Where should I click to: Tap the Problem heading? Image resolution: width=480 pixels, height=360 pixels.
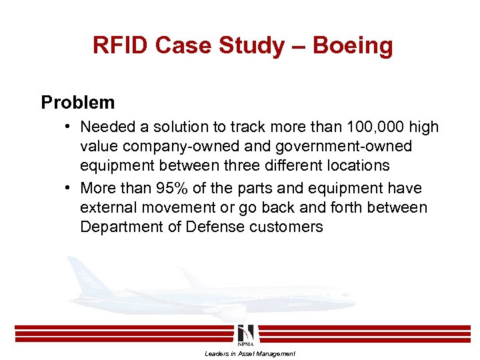(77, 102)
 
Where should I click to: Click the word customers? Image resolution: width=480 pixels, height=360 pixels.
(286, 227)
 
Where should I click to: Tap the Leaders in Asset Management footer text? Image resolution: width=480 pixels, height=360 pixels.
(249, 353)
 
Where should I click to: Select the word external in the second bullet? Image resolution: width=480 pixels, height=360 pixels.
(111, 208)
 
